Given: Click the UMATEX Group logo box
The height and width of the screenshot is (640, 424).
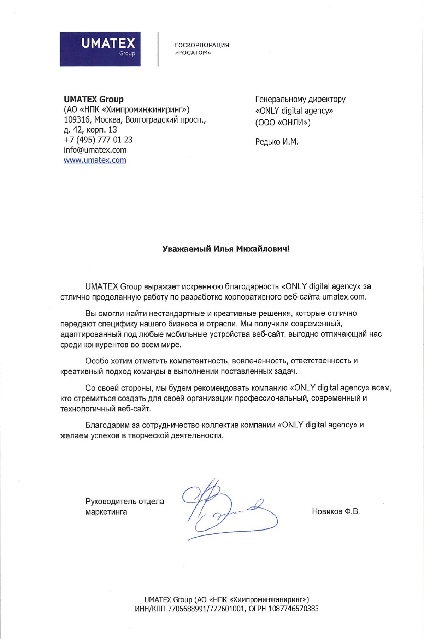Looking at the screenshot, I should (x=100, y=49).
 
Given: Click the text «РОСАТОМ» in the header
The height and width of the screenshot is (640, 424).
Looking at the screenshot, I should (x=193, y=53).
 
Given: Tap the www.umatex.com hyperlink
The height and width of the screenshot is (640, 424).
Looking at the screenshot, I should (x=95, y=160).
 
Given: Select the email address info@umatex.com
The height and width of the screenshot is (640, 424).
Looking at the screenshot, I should (x=95, y=150).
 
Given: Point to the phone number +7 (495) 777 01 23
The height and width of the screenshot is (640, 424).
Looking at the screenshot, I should (x=98, y=140).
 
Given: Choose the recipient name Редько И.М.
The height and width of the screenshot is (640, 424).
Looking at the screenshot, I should (x=277, y=142).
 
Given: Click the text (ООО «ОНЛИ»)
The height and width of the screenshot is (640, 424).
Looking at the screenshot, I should (x=283, y=123).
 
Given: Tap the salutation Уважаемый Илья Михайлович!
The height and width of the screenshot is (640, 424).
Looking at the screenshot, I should (x=226, y=249).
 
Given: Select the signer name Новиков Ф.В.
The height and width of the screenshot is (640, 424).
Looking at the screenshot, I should (x=336, y=511).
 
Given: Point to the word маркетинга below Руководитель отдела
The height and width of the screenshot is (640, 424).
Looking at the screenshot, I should (x=106, y=512).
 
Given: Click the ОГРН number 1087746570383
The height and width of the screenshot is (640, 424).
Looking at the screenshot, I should (x=293, y=609).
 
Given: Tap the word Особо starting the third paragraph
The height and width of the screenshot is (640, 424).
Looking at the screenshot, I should (x=97, y=361).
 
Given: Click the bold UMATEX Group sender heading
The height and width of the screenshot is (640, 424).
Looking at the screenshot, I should (x=94, y=99).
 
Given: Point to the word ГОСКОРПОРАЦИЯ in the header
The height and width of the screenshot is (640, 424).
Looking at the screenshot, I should (x=202, y=45).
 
